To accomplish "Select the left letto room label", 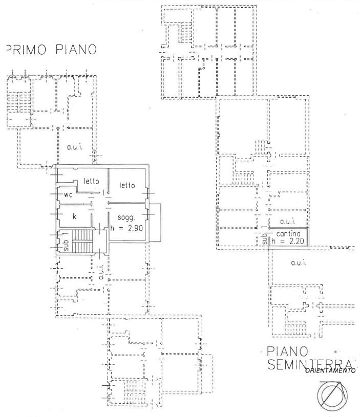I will [x=91, y=181].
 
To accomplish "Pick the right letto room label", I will [x=126, y=185].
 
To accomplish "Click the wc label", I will [x=68, y=195].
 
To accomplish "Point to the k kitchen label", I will [x=74, y=216].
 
